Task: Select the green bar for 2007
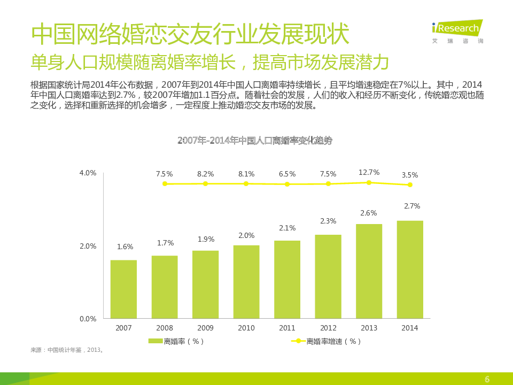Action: click(x=123, y=289)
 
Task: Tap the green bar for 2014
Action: click(x=410, y=269)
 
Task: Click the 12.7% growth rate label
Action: click(x=369, y=172)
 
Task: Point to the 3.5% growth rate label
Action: click(x=410, y=174)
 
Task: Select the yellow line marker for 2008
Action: click(x=165, y=183)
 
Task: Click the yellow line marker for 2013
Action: click(x=369, y=182)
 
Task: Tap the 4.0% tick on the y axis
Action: click(x=88, y=173)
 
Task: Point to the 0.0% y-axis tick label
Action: click(x=88, y=319)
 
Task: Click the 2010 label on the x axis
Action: click(x=246, y=328)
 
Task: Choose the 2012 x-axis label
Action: click(x=328, y=328)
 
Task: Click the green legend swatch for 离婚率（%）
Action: click(x=156, y=341)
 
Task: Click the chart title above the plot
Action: click(x=254, y=140)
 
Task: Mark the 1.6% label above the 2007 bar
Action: click(x=125, y=247)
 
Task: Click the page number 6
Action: click(x=487, y=379)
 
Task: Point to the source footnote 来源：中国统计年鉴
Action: click(x=67, y=350)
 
